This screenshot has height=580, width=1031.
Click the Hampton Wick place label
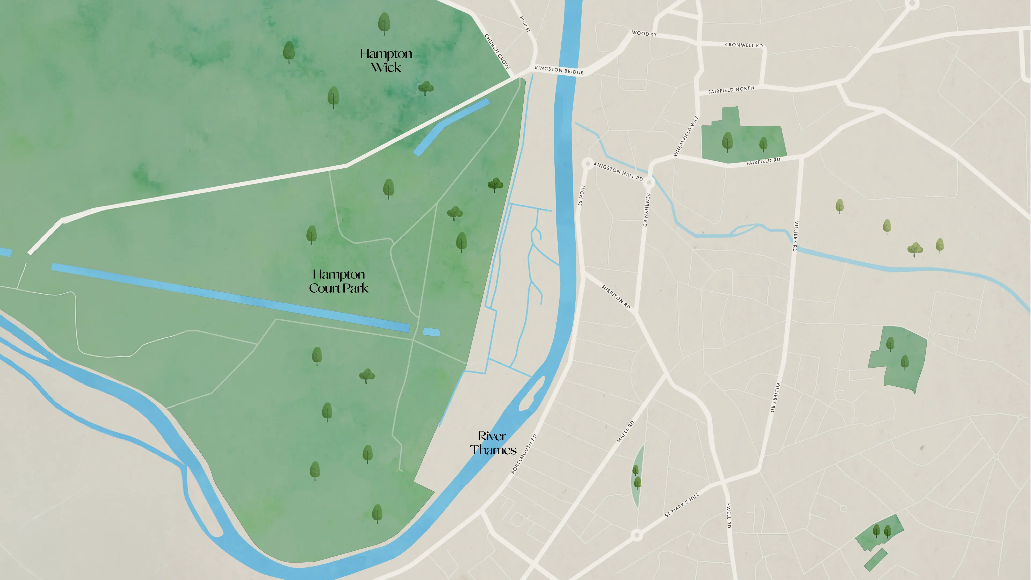click(x=386, y=60)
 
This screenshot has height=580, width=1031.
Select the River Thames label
click(x=493, y=443)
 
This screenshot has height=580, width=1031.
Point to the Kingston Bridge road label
click(x=559, y=70)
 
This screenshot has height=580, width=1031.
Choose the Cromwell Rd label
click(x=744, y=45)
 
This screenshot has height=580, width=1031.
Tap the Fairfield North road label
click(x=731, y=90)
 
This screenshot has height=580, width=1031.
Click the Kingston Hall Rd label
click(x=618, y=171)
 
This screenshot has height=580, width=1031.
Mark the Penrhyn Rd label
click(x=646, y=210)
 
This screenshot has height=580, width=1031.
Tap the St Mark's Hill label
click(x=682, y=505)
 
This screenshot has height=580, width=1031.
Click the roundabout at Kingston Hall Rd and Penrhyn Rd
click(x=649, y=183)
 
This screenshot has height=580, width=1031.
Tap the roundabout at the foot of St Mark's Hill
click(x=637, y=535)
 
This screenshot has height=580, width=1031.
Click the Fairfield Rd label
click(x=763, y=161)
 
